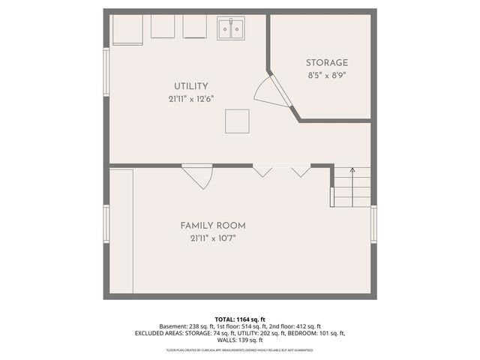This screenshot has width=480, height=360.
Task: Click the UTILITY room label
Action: pos(191,86)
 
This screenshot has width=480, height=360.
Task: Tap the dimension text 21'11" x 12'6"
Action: pos(191,99)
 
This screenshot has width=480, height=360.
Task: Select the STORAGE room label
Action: pos(326,62)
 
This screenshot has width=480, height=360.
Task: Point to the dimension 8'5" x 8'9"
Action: pos(326,75)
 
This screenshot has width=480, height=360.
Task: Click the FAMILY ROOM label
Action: pos(212,225)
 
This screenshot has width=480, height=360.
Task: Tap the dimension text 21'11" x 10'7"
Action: pos(212,238)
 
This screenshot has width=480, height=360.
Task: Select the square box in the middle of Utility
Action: pos(238,121)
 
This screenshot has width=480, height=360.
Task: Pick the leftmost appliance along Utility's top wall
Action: pos(126,30)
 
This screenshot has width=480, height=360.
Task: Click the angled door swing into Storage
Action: pos(270,91)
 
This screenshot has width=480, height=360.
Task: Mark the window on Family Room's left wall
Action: pos(106,225)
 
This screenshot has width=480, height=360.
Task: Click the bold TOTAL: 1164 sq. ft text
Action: pos(239,319)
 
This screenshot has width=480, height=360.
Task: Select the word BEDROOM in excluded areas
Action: pos(299,333)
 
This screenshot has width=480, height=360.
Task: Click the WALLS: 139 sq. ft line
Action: pos(239,340)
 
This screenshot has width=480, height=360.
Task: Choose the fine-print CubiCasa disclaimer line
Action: pos(239,349)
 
